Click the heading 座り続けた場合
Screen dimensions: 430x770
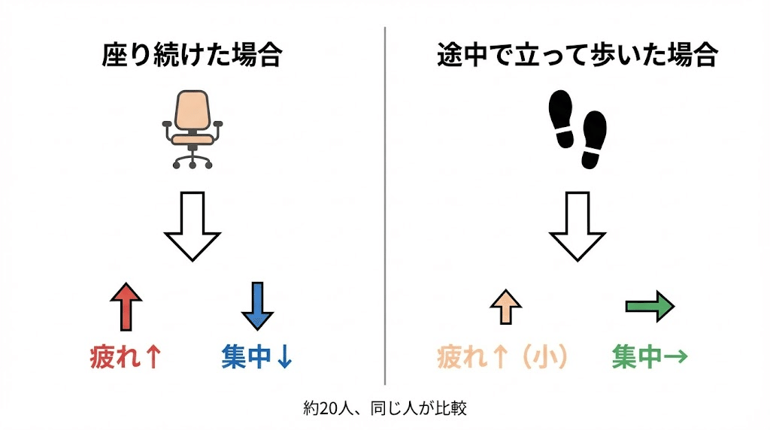192,56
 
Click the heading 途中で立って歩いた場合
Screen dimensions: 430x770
577,56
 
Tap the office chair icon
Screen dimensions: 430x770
192,129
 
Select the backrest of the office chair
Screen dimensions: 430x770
192,110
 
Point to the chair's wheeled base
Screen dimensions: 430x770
192,158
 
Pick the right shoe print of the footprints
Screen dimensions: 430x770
593,139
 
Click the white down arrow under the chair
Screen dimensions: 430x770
192,226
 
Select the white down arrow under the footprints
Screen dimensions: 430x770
577,226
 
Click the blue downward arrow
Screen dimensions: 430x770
257,306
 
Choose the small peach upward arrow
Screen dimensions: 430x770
505,307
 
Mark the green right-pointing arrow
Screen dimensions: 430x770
650,306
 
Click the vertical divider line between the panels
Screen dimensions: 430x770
385,203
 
